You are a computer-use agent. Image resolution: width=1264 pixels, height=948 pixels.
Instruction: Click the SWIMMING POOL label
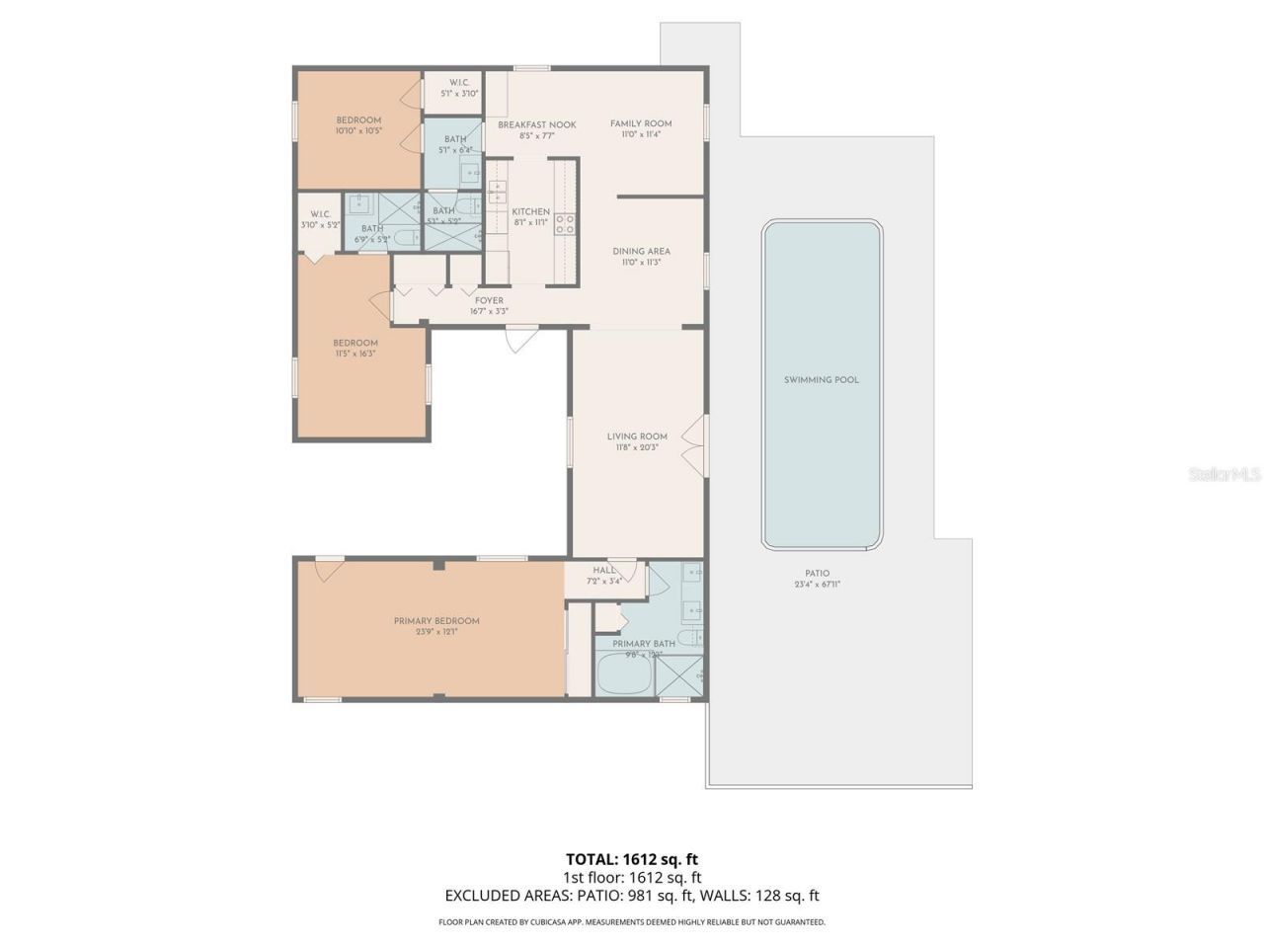(x=821, y=380)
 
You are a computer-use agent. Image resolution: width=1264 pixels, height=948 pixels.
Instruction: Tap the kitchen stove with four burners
(x=565, y=224)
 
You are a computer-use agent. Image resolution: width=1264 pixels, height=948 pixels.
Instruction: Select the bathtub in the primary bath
(x=623, y=678)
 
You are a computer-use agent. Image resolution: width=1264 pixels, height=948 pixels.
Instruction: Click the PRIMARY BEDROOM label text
(x=436, y=621)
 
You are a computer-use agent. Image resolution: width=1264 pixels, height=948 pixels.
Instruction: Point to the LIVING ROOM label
(x=637, y=436)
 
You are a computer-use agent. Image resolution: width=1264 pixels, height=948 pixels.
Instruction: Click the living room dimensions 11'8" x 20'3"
(x=637, y=448)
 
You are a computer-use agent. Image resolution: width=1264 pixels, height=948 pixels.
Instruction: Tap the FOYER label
(x=489, y=301)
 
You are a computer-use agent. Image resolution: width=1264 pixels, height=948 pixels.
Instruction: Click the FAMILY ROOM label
(x=641, y=123)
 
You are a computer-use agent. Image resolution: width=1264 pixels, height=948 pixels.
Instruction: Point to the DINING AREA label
(x=641, y=252)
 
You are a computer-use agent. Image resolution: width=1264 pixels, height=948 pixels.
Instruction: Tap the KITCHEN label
(x=530, y=212)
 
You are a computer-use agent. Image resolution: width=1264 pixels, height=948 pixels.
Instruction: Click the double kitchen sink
(x=497, y=201)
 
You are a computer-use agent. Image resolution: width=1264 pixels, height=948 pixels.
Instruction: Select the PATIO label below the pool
(x=817, y=574)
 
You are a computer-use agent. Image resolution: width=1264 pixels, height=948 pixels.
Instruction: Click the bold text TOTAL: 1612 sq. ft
(x=632, y=858)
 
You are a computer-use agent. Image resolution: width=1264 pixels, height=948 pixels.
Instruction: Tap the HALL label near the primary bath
(x=604, y=570)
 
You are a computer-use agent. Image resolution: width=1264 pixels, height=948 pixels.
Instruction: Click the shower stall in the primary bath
(x=681, y=678)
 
